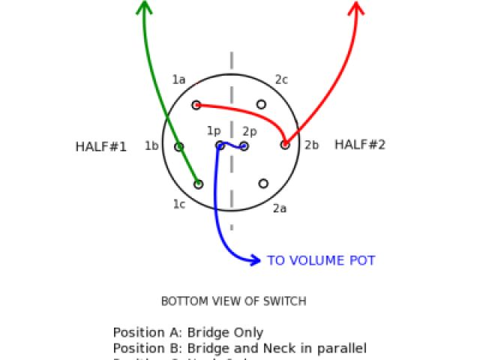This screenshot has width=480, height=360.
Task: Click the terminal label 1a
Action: [x=178, y=79]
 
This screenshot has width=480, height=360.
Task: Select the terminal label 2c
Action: [x=281, y=79]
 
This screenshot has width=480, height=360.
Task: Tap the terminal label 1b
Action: [x=151, y=145]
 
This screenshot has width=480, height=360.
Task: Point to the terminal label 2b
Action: [x=311, y=145]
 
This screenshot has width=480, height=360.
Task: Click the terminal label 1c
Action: [x=178, y=204]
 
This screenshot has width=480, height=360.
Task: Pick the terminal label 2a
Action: [x=280, y=208]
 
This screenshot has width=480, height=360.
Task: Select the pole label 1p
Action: [x=214, y=131]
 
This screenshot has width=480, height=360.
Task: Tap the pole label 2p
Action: [x=249, y=131]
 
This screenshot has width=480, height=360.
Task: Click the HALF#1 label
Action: [x=100, y=147]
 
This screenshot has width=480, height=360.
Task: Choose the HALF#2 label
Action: [x=360, y=145]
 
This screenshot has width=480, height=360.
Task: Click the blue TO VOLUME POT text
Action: [x=321, y=261]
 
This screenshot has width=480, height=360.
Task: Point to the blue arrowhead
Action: [x=254, y=260]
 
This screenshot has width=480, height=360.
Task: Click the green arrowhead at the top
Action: [x=144, y=7]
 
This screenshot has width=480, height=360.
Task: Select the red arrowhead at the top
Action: [x=357, y=8]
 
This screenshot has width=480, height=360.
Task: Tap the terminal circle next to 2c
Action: [x=261, y=104]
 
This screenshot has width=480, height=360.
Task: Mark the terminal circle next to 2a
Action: [x=263, y=183]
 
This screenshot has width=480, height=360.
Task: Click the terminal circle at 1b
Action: [x=179, y=147]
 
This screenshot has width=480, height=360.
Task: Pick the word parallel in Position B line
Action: [x=341, y=349]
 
